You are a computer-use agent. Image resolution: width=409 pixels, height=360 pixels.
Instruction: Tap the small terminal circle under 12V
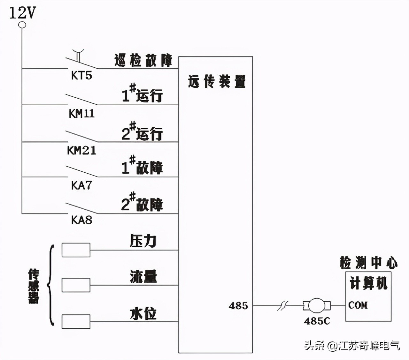pyautogui.click(x=22, y=25)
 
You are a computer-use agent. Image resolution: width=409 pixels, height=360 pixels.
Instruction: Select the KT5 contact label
pyautogui.click(x=81, y=76)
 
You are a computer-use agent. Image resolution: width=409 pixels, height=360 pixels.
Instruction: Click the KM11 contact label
pyautogui.click(x=81, y=113)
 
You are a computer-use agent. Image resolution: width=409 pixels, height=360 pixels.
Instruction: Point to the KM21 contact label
pyautogui.click(x=81, y=150)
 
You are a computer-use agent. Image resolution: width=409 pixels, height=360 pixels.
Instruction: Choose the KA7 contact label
pyautogui.click(x=81, y=185)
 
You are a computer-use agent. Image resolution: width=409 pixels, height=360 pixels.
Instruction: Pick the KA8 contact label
pyautogui.click(x=81, y=220)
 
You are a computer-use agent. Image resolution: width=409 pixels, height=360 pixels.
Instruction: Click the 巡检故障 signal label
pyautogui.click(x=143, y=60)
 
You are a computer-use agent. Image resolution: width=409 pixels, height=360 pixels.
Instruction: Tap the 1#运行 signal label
pyautogui.click(x=142, y=94)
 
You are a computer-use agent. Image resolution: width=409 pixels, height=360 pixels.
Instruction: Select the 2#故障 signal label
pyautogui.click(x=142, y=203)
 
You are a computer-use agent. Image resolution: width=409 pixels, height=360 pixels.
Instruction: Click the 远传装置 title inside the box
pyautogui.click(x=217, y=82)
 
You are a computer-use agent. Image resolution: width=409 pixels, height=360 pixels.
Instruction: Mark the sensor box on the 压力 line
pyautogui.click(x=76, y=250)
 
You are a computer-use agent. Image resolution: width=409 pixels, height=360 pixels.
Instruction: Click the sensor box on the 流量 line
pyautogui.click(x=76, y=285)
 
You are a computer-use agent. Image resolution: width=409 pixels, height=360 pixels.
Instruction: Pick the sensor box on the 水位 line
pyautogui.click(x=76, y=322)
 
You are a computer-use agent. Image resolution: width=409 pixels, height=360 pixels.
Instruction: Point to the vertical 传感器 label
pyautogui.click(x=33, y=286)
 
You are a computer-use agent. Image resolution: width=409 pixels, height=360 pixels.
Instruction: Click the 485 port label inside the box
pyautogui.click(x=238, y=306)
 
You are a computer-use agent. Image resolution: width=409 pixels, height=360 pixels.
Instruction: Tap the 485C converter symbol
pyautogui.click(x=317, y=305)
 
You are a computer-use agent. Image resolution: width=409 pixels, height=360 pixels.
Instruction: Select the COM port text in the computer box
pyautogui.click(x=358, y=305)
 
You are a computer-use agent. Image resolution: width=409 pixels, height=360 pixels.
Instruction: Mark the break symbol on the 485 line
pyautogui.click(x=282, y=306)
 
